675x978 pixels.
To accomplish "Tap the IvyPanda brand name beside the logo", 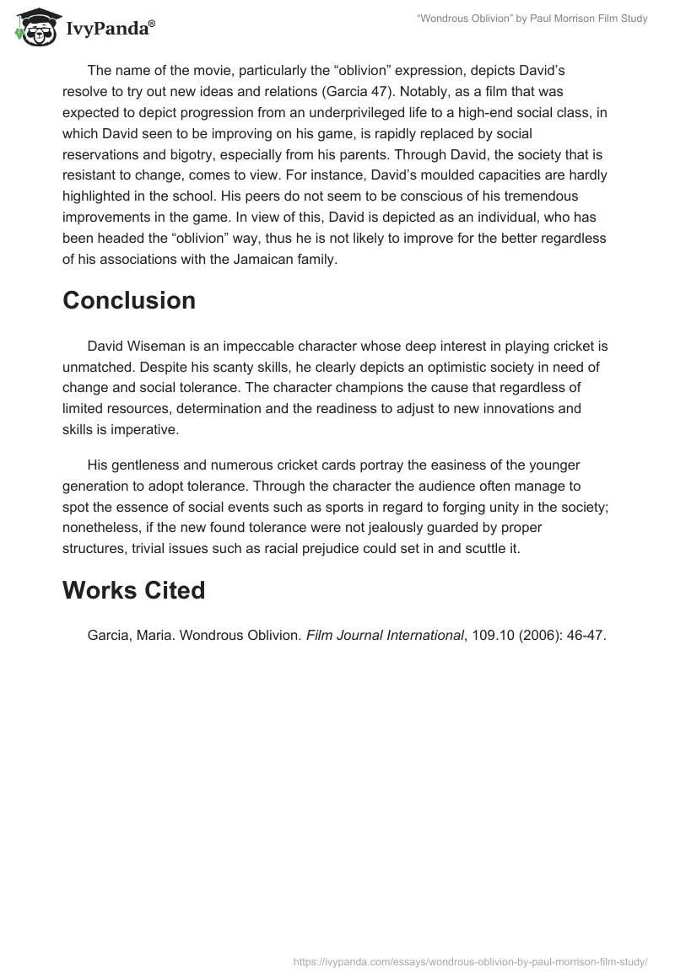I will [105, 29].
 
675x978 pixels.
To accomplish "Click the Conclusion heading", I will [129, 301].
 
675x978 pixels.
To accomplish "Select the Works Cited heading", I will [134, 591].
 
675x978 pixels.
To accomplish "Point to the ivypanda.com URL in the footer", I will [470, 960].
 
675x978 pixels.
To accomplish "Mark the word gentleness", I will [143, 465].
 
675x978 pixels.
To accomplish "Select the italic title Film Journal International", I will [385, 636].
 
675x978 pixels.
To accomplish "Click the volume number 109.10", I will [494, 636].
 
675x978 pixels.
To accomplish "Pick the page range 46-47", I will [586, 636].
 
